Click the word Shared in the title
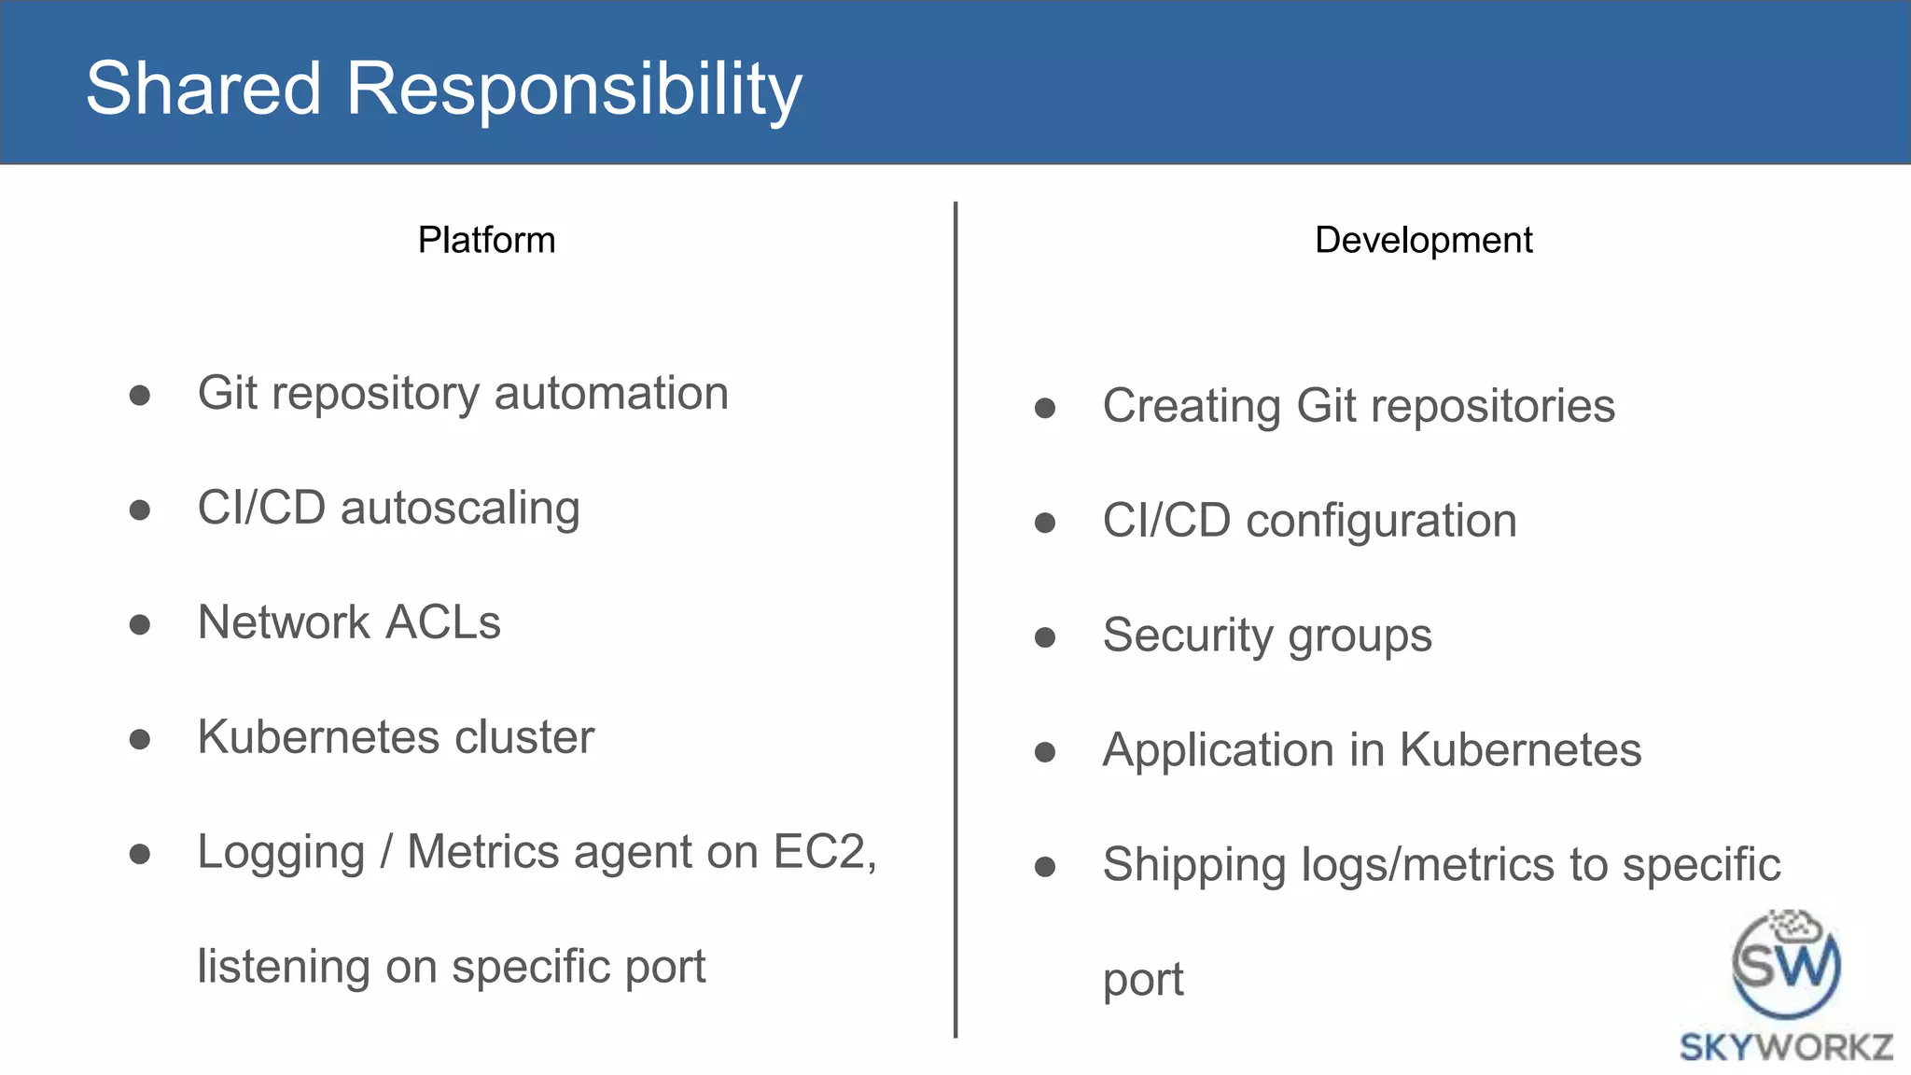click(x=203, y=88)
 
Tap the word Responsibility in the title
click(x=574, y=90)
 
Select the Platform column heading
click(x=486, y=240)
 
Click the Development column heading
click(x=1423, y=240)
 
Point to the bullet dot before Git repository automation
click(x=140, y=395)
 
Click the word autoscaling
click(x=460, y=510)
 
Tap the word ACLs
click(x=443, y=622)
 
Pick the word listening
click(x=284, y=967)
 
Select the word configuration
click(x=1381, y=521)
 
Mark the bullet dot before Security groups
click(x=1045, y=637)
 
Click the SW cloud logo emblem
click(x=1786, y=964)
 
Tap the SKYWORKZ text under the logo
click(x=1786, y=1047)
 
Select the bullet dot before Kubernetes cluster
click(x=140, y=740)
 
